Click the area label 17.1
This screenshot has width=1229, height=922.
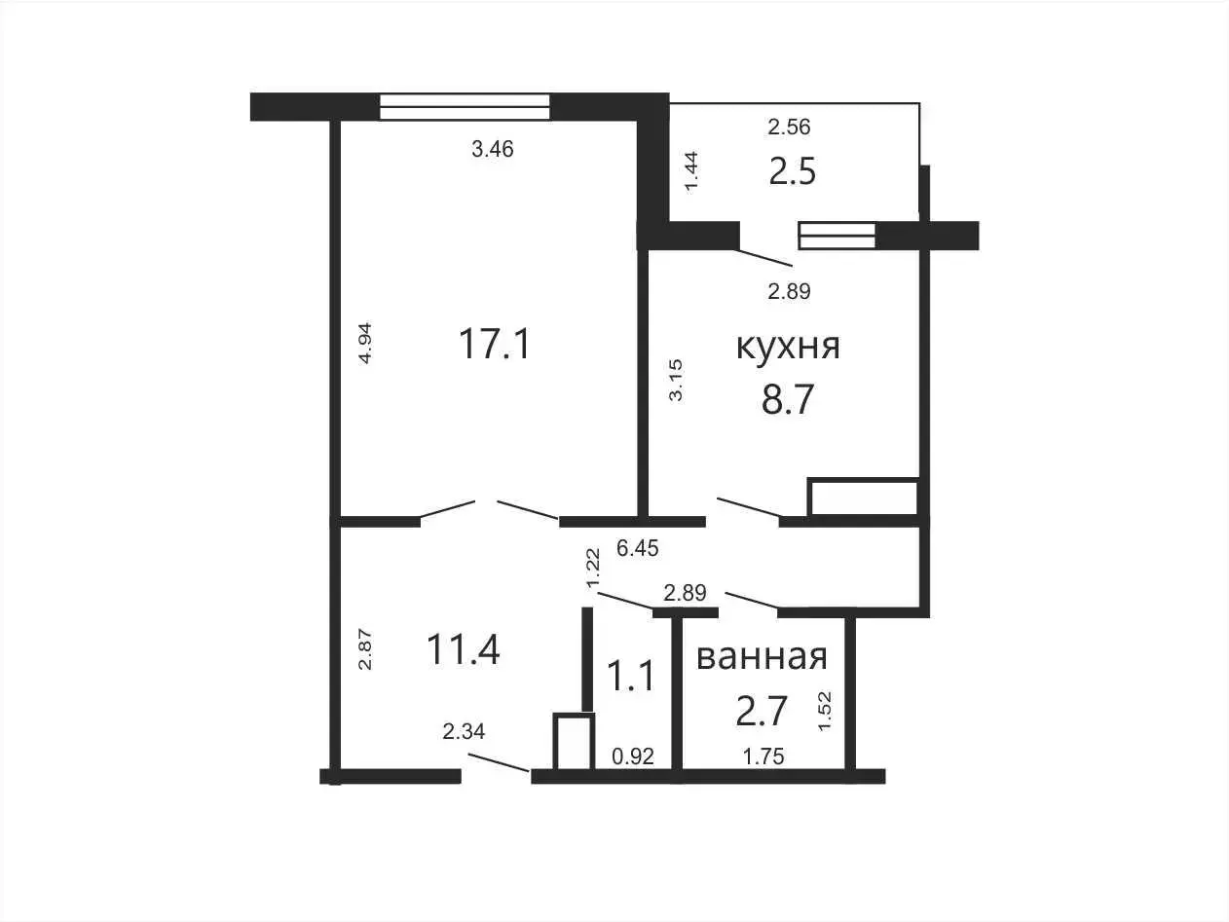494,344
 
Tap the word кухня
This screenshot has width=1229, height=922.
788,347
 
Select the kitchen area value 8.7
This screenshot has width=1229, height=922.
787,400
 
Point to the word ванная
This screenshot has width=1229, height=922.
762,657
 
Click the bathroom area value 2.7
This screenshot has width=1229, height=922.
762,711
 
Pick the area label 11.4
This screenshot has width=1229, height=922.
463,650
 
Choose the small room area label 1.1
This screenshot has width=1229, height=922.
631,676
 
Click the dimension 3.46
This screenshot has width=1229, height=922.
493,149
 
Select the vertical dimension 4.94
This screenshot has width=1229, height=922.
365,343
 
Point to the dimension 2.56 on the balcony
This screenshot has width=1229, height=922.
789,128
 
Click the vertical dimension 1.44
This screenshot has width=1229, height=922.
691,172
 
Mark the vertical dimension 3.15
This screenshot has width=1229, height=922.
676,380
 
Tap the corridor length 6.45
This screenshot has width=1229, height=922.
638,548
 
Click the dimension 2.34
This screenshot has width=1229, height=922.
464,731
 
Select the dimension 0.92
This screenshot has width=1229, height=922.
633,756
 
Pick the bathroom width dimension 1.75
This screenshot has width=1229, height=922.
763,756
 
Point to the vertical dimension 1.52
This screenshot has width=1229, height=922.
825,712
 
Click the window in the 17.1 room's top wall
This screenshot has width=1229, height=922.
465,106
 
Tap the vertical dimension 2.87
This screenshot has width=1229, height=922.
365,650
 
